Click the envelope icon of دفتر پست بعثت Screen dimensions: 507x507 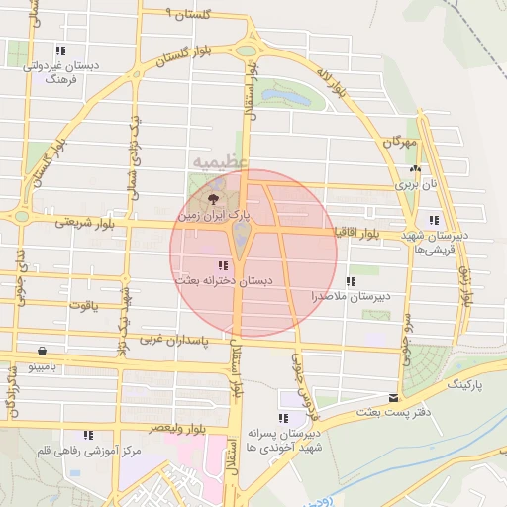click(394, 397)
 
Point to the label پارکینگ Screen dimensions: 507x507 click(469, 383)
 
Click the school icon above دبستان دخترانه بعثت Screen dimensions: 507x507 click(223, 265)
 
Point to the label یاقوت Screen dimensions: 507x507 click(84, 304)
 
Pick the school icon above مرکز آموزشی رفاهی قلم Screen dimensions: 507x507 click(88, 435)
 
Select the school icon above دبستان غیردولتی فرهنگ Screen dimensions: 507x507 click(60, 51)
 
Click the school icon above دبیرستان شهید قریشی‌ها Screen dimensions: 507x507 click(434, 220)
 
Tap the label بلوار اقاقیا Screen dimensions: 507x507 click(356, 233)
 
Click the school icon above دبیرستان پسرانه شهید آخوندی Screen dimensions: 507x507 click(283, 418)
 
